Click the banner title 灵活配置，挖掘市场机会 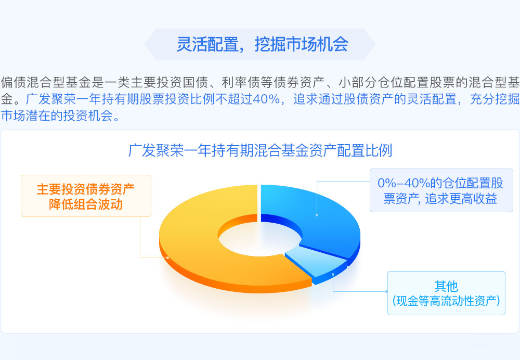[262, 44]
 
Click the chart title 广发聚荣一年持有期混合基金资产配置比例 [261, 150]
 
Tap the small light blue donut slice [315, 262]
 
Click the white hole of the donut [260, 239]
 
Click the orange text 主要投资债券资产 [86, 189]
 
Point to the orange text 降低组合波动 [86, 204]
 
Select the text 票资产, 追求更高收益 [440, 199]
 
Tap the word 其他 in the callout [446, 286]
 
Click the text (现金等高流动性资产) [446, 301]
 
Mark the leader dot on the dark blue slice [317, 215]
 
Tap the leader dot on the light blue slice [333, 275]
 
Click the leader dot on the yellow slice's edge [168, 258]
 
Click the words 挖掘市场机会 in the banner [302, 44]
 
